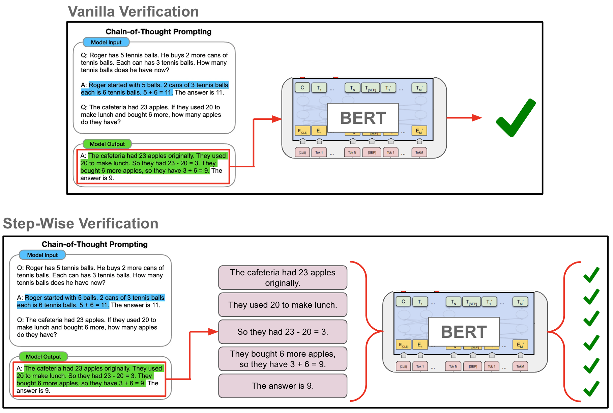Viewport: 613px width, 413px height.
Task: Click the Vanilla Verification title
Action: pyautogui.click(x=133, y=11)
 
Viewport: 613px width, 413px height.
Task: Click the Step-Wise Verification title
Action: pyautogui.click(x=81, y=223)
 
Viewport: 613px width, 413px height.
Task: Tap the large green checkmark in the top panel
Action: pyautogui.click(x=516, y=118)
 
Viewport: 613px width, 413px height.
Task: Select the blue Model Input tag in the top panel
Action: pyautogui.click(x=106, y=43)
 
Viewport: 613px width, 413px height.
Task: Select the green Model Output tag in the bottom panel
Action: pyautogui.click(x=43, y=357)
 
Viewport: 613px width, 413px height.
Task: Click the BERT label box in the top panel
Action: pyautogui.click(x=362, y=118)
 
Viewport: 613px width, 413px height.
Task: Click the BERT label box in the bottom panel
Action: pyautogui.click(x=464, y=332)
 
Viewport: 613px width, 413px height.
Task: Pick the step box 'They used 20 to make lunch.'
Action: pyautogui.click(x=283, y=305)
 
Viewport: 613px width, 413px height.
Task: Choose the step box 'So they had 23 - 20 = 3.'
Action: pyautogui.click(x=283, y=332)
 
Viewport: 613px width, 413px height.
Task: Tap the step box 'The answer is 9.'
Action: pyautogui.click(x=283, y=386)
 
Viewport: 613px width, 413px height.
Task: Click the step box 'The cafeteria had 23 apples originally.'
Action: pyautogui.click(x=283, y=277)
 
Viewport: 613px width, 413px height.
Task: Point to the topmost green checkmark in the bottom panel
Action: pyautogui.click(x=591, y=275)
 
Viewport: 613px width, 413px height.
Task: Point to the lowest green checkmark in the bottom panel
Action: pyautogui.click(x=591, y=388)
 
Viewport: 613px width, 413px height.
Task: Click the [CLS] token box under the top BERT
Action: pyautogui.click(x=302, y=153)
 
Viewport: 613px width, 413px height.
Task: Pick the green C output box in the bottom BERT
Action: pyautogui.click(x=403, y=301)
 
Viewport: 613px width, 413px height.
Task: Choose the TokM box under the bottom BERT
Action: pyautogui.click(x=520, y=366)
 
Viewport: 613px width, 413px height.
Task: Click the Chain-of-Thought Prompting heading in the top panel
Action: pyautogui.click(x=158, y=32)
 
